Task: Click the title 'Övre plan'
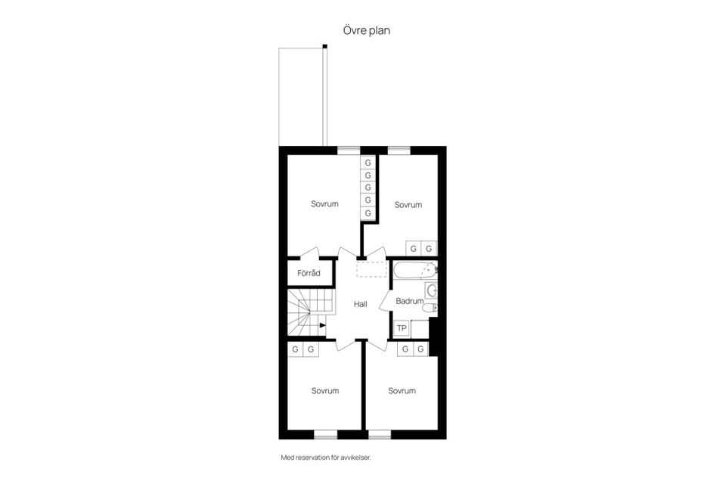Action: coord(366,31)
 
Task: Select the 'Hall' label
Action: coord(360,304)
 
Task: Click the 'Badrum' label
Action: coord(409,301)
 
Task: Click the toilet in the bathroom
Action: coord(430,308)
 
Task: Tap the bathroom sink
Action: coord(432,291)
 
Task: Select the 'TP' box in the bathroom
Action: coord(402,328)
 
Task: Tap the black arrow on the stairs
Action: coord(322,326)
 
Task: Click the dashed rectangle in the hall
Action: coord(371,268)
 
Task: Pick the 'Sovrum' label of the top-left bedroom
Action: coord(324,204)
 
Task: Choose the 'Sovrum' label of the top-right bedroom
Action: coord(408,205)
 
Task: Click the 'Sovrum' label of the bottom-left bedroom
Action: coord(325,391)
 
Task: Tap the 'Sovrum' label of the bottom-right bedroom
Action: coord(402,391)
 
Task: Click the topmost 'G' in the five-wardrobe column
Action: coord(368,163)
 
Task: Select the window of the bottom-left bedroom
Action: coord(325,434)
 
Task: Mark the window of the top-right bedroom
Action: coord(399,150)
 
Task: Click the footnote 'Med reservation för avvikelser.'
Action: coord(326,458)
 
